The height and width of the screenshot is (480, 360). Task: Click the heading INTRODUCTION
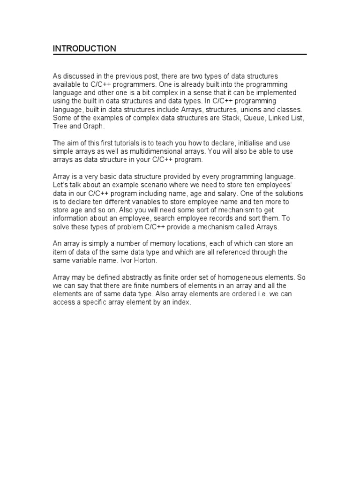[84, 48]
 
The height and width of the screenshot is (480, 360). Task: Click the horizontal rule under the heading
[180, 55]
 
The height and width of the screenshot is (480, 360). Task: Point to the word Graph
[93, 126]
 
